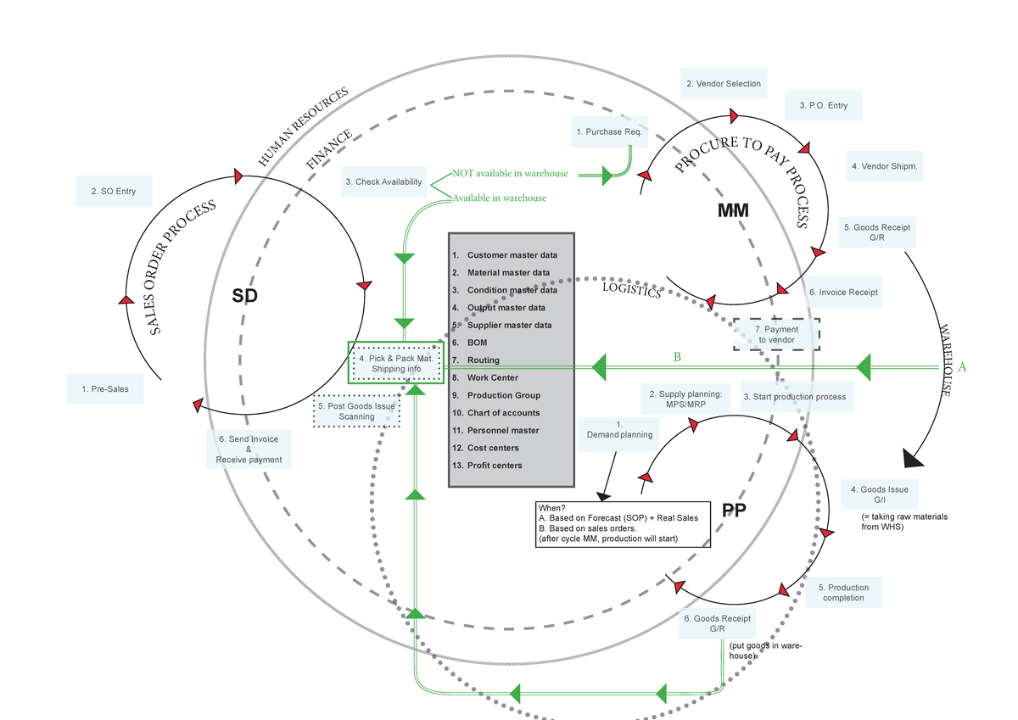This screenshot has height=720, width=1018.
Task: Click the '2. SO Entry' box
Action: pyautogui.click(x=113, y=192)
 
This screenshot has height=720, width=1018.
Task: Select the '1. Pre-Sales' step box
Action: pyautogui.click(x=105, y=389)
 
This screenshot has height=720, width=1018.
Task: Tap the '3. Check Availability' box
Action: pyautogui.click(x=383, y=181)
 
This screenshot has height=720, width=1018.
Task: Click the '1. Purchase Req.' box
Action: pyautogui.click(x=609, y=131)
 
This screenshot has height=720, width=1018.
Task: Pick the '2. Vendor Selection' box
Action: pyautogui.click(x=723, y=84)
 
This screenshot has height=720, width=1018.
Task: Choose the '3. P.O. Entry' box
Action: pyautogui.click(x=823, y=106)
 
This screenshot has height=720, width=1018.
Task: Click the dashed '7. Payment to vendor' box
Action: pyautogui.click(x=776, y=334)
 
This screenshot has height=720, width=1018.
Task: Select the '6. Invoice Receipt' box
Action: pyautogui.click(x=843, y=292)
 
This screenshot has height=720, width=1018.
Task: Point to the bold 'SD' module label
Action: pyautogui.click(x=244, y=295)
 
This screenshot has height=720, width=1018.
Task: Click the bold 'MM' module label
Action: pyautogui.click(x=732, y=211)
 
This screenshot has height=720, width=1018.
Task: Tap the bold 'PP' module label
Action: pyautogui.click(x=735, y=510)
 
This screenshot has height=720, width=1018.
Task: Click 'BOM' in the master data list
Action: pyautogui.click(x=477, y=343)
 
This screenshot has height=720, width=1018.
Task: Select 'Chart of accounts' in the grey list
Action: pyautogui.click(x=503, y=413)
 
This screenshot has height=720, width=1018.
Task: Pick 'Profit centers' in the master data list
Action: pyautogui.click(x=495, y=466)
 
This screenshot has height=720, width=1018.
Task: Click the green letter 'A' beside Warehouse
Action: pyautogui.click(x=961, y=367)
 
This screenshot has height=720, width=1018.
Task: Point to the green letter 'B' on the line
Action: pyautogui.click(x=677, y=357)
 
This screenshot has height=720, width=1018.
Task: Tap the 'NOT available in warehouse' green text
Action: pyautogui.click(x=510, y=173)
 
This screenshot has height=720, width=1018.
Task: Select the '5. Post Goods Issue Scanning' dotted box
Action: pyautogui.click(x=356, y=411)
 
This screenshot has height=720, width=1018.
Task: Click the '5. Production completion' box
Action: pyautogui.click(x=843, y=593)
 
